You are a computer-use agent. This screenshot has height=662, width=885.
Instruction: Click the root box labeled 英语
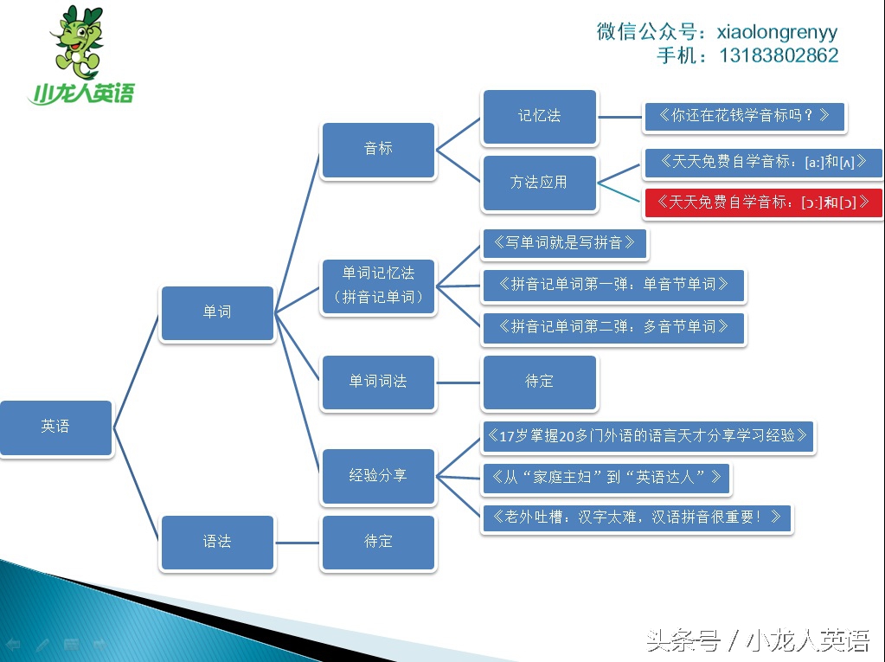click(55, 427)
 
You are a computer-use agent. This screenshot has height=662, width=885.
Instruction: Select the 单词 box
click(216, 312)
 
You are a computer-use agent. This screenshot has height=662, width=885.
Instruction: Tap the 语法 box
click(216, 542)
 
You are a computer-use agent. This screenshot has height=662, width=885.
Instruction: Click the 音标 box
click(377, 149)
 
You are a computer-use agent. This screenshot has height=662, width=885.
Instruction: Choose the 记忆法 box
click(539, 116)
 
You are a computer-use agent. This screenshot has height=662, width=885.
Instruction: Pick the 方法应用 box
click(539, 183)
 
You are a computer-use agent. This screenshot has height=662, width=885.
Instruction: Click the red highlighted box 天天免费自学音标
click(762, 202)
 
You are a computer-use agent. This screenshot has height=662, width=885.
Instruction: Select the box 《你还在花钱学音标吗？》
click(743, 116)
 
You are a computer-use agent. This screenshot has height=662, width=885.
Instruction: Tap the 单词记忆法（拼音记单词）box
click(377, 286)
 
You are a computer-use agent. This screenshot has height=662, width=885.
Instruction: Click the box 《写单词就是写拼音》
click(563, 243)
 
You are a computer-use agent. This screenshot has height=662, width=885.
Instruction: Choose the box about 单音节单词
click(613, 284)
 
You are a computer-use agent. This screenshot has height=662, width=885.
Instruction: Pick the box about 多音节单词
click(613, 327)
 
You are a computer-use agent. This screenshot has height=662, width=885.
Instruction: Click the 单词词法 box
click(377, 382)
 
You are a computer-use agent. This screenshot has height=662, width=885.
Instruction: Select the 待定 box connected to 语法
click(377, 542)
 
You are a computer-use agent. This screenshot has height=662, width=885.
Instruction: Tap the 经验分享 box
click(377, 475)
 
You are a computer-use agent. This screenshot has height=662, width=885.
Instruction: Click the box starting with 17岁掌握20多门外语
click(647, 436)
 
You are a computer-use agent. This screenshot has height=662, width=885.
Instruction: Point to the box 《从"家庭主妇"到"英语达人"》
click(606, 477)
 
